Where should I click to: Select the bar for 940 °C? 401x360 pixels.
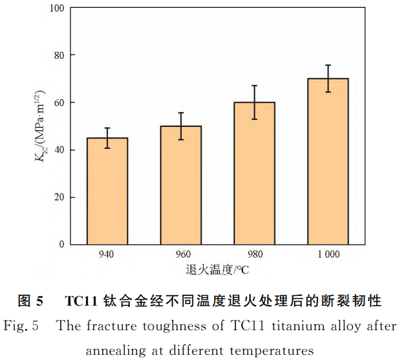[107, 191]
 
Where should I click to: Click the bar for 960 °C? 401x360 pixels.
[180, 185]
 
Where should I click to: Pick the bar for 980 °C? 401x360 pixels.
[254, 174]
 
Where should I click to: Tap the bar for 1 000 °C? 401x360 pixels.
[328, 162]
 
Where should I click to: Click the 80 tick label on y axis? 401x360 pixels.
[60, 56]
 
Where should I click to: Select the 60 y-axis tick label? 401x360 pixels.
[60, 103]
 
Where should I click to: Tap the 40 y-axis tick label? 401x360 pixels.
[60, 150]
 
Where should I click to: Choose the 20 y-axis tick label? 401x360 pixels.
[60, 197]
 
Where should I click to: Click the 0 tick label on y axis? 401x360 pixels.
[63, 245]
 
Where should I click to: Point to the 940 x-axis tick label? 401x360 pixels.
[107, 254]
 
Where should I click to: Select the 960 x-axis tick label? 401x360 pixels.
[180, 254]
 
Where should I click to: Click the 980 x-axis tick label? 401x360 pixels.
[254, 254]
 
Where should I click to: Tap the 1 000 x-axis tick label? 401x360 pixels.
[328, 254]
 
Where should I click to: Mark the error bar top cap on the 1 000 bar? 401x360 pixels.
[328, 65]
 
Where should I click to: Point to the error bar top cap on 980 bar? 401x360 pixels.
[254, 85]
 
